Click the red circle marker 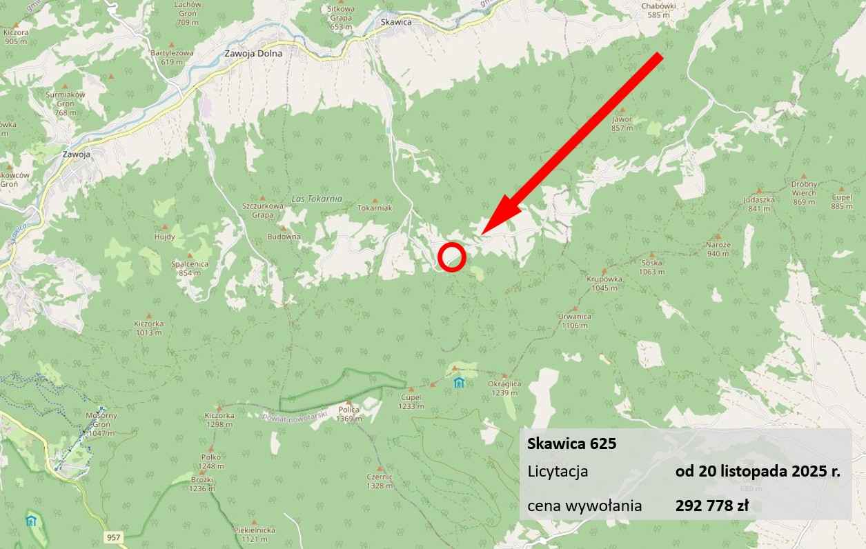click(452, 257)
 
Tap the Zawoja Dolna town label click(253, 53)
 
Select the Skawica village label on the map click(396, 22)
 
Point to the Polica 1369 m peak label click(349, 414)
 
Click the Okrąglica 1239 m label click(504, 388)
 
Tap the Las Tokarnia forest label click(317, 199)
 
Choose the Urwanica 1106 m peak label click(575, 321)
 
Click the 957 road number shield click(115, 536)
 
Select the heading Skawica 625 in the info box click(571, 444)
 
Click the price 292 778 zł click(711, 506)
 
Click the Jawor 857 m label click(622, 123)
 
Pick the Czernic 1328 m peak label click(380, 481)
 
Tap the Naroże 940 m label click(718, 249)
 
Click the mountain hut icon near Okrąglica click(459, 383)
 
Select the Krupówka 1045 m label click(604, 283)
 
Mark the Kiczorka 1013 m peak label click(149, 327)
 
